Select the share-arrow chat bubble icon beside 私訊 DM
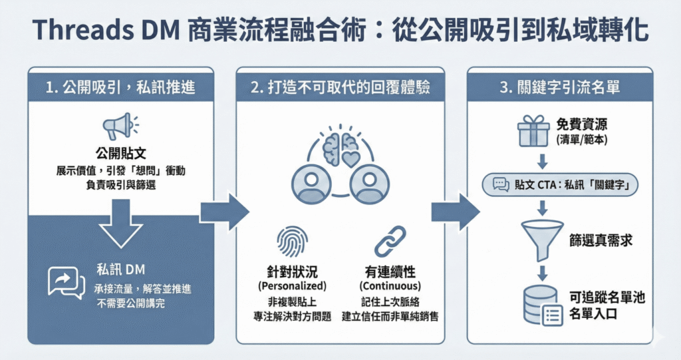[x=67, y=282]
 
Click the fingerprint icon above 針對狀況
[x=292, y=242]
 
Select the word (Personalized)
[x=293, y=286]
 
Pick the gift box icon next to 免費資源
[x=533, y=131]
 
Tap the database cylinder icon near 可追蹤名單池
[x=541, y=305]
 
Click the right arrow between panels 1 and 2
[x=224, y=212]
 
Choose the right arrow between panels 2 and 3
[x=455, y=212]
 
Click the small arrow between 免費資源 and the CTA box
[x=543, y=160]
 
